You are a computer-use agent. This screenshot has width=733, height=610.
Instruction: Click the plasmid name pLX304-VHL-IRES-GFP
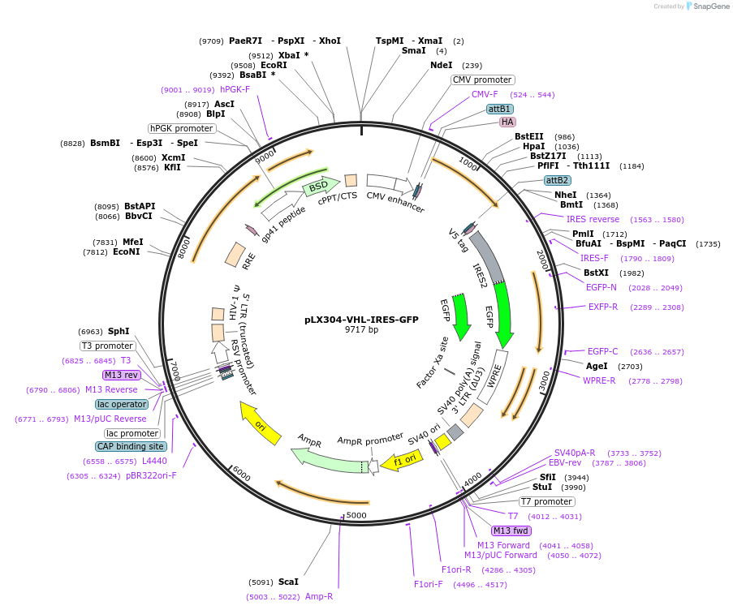coord(361,320)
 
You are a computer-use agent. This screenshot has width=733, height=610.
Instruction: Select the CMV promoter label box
coord(482,79)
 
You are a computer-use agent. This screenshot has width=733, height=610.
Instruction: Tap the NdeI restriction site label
coord(441,65)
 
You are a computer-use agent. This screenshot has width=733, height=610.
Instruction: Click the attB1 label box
coord(498,109)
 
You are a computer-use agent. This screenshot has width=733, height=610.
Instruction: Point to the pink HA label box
coord(507,122)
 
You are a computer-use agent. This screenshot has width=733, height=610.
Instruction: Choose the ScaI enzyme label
coord(288,582)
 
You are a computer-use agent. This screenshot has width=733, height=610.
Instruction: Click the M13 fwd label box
coord(511,531)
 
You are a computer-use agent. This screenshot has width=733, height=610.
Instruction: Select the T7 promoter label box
coord(546,501)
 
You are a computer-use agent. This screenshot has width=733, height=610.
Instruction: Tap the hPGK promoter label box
coord(181,128)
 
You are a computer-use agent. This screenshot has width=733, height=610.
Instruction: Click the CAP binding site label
coord(131,446)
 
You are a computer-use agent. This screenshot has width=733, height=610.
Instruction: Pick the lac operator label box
coord(122,404)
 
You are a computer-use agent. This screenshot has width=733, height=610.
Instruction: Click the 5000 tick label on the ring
coord(356,515)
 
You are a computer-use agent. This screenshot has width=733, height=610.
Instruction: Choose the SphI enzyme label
coord(119,331)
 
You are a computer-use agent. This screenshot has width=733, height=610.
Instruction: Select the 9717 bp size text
coord(361,330)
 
